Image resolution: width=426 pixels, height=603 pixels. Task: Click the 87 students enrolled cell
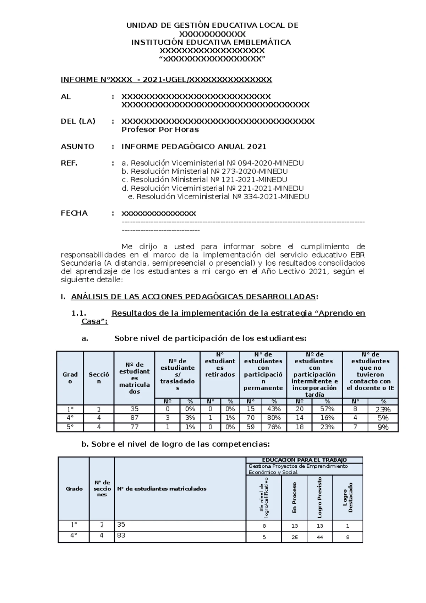(134, 418)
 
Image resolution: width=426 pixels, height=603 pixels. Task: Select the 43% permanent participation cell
(274, 409)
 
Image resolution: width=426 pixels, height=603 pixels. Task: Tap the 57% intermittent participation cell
(327, 409)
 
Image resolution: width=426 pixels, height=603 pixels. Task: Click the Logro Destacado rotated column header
(348, 497)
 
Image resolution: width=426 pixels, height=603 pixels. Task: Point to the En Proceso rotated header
(294, 497)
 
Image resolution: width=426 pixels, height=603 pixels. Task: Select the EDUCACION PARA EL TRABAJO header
(304, 460)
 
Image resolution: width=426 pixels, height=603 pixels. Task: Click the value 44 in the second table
(320, 537)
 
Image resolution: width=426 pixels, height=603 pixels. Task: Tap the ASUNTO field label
(77, 147)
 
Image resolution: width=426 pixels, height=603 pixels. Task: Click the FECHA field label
(74, 213)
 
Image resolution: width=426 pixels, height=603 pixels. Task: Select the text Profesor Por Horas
(160, 130)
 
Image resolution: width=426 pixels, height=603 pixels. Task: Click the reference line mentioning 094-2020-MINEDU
(213, 163)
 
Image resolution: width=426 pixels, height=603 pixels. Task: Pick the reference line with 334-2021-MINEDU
(218, 197)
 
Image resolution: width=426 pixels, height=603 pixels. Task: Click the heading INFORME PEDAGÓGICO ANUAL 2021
(194, 147)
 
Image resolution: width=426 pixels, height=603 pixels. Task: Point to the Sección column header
(99, 378)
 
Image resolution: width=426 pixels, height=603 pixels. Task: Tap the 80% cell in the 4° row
(274, 418)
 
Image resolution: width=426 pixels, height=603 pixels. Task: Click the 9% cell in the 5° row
(383, 427)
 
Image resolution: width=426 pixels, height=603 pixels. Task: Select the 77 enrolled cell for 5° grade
(134, 427)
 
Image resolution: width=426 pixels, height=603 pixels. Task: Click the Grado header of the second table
(74, 489)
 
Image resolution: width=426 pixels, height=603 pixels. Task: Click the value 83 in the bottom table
(121, 535)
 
